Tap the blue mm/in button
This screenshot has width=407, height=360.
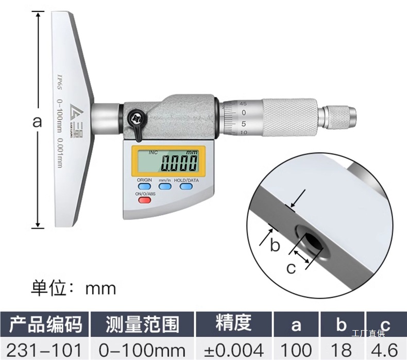tap(165, 187)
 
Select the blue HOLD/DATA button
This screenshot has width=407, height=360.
tap(186, 187)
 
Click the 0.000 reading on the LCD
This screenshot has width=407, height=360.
tap(179, 164)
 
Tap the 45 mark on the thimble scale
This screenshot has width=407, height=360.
tap(243, 104)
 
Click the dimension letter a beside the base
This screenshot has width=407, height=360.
tap(37, 123)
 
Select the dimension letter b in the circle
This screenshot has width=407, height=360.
tap(275, 245)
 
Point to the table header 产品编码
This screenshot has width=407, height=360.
tap(45, 324)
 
